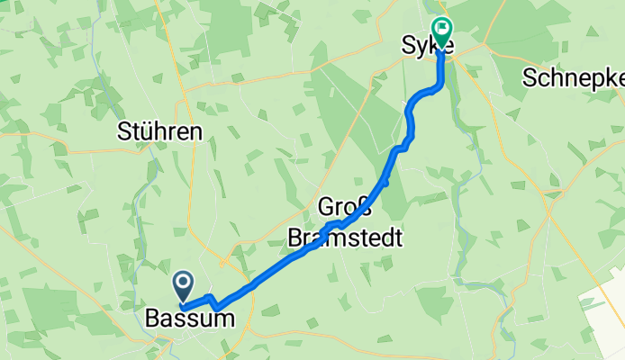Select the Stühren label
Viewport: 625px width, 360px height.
coord(159,131)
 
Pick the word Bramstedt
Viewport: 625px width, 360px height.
coord(344,239)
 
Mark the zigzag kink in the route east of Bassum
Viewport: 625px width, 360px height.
coord(213,301)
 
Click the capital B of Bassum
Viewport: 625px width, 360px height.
coord(152,319)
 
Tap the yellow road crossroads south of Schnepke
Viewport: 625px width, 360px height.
coord(548,194)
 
